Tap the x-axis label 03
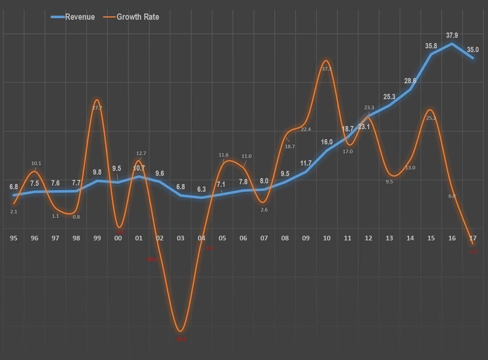[x=181, y=238]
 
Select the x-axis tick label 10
[x=326, y=238]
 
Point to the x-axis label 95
[x=13, y=238]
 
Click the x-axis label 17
[x=472, y=238]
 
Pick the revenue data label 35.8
[x=431, y=46]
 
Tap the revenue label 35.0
[x=472, y=49]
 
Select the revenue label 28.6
[x=410, y=81]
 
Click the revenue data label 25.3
[x=389, y=97]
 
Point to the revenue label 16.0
[x=326, y=142]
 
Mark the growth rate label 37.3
[x=326, y=69]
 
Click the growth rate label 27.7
[x=97, y=108]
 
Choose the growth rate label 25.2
[x=431, y=118]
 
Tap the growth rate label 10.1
[x=36, y=164]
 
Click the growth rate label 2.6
[x=264, y=209]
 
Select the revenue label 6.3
[x=202, y=189]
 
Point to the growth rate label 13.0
[x=410, y=167]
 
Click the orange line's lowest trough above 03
[x=181, y=331]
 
